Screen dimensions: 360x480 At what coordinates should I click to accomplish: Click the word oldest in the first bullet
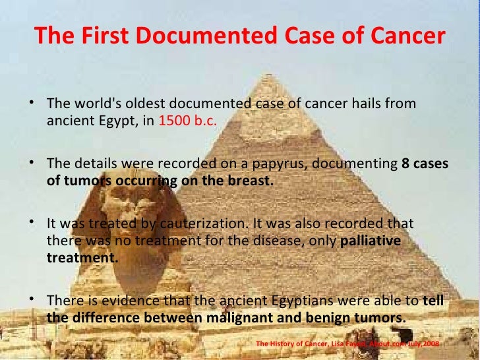click(x=145, y=105)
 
